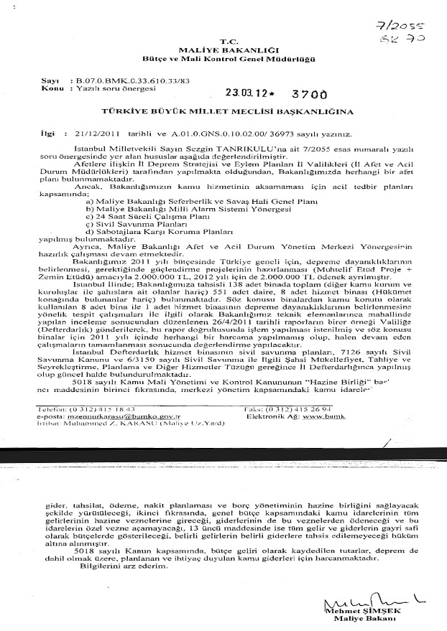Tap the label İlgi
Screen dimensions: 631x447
47,134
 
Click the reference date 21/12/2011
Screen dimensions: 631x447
86,134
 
